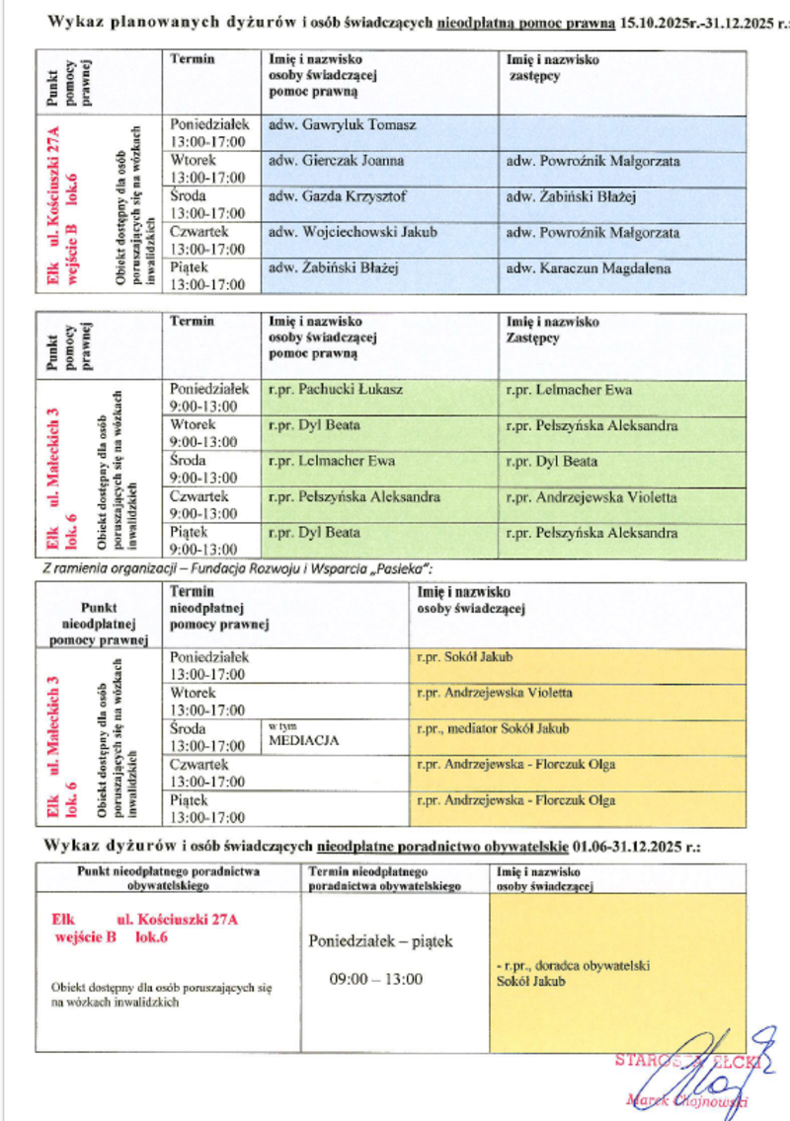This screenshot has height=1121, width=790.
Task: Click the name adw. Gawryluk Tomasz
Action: point(342,125)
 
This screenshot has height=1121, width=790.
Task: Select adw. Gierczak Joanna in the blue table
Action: point(336,161)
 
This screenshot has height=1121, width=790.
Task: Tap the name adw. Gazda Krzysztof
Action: point(337,196)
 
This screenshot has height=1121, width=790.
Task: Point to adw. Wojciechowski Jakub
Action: point(353,233)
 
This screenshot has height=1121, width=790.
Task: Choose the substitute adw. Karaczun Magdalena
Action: point(587,268)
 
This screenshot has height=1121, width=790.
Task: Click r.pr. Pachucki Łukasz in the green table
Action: point(335,390)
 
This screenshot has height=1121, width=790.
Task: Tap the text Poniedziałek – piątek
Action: point(380,941)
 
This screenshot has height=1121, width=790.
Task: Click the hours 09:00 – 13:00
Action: point(375,979)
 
